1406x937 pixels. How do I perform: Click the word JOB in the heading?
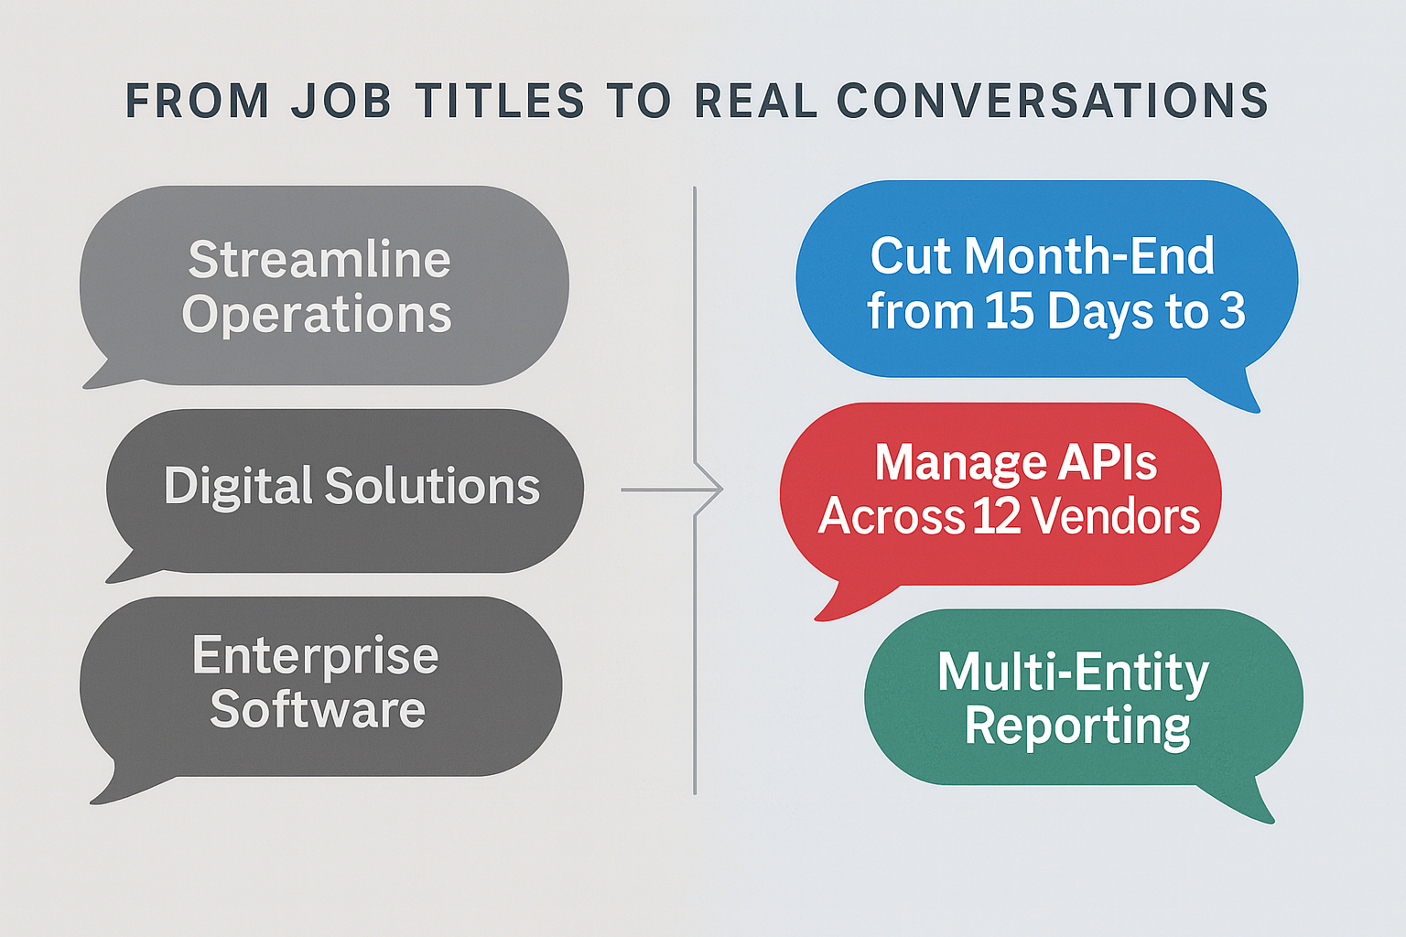point(341,101)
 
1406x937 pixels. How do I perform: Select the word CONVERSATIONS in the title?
point(1053,101)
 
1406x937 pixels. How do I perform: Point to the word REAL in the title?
point(756,101)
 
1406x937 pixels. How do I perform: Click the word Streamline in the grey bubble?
point(319,259)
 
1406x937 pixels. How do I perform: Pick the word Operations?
point(317,315)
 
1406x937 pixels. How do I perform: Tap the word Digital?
point(238,487)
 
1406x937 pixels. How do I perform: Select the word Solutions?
point(432,486)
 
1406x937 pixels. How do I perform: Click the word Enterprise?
point(316,656)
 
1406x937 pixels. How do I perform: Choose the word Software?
point(318,709)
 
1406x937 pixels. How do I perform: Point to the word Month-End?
point(1089,256)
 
